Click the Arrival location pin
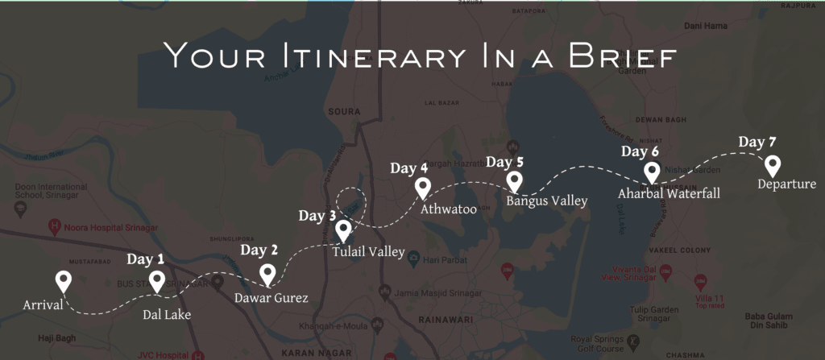click(x=64, y=282)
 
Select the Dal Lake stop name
click(x=167, y=314)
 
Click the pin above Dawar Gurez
click(x=267, y=275)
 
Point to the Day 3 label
click(x=317, y=216)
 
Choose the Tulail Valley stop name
click(x=368, y=252)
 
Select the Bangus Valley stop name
click(x=547, y=201)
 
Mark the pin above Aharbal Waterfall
click(x=653, y=172)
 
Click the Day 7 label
click(x=757, y=143)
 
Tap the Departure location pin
click(x=773, y=166)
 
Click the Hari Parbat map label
click(x=442, y=258)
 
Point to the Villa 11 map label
click(x=710, y=299)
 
